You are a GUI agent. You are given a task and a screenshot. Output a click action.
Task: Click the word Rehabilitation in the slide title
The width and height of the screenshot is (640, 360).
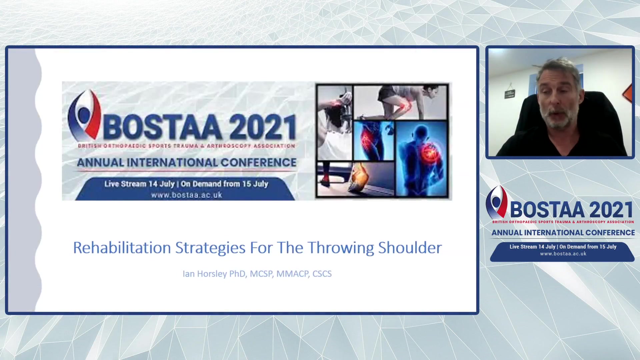(122, 248)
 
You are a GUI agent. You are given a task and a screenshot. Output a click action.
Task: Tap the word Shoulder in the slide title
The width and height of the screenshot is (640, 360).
(410, 248)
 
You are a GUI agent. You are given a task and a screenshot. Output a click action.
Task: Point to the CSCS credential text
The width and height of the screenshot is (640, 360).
(322, 274)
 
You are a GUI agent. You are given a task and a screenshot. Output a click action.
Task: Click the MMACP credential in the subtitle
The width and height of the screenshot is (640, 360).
(293, 274)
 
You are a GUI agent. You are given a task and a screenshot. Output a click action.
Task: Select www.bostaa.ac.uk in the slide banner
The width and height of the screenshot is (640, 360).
(187, 195)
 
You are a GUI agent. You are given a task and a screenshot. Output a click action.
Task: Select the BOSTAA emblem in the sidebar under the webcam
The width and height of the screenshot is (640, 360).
(496, 202)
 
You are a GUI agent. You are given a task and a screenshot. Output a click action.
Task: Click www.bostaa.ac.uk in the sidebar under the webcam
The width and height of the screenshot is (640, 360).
(563, 254)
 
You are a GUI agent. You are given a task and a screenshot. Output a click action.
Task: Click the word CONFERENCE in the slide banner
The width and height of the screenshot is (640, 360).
(259, 162)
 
